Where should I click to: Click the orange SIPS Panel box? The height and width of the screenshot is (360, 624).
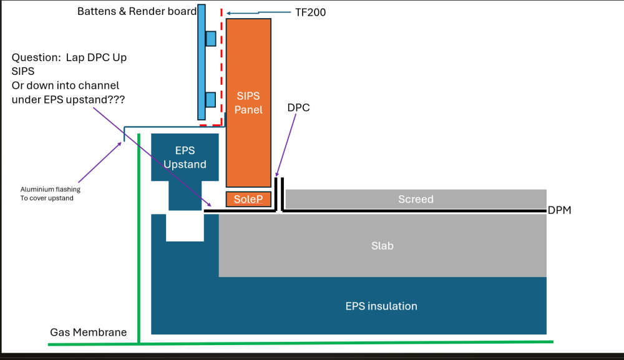tap(248, 102)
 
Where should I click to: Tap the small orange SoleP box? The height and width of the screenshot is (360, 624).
tap(248, 199)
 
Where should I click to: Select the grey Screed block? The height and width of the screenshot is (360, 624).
tap(416, 199)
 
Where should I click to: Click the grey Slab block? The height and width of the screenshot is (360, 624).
tap(383, 245)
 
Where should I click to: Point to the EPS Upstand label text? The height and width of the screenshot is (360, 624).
tap(185, 157)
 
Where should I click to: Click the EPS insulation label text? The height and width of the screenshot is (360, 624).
tap(381, 306)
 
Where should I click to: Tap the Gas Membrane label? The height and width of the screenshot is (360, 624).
tap(89, 332)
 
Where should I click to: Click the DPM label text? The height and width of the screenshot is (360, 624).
tap(559, 210)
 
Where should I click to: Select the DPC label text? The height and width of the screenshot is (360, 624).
tap(298, 108)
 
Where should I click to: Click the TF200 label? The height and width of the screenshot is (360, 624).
tap(310, 12)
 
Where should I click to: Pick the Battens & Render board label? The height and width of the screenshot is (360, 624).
tap(137, 11)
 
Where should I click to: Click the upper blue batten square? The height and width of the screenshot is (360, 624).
tap(211, 39)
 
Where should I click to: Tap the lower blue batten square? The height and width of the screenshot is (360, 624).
tap(211, 100)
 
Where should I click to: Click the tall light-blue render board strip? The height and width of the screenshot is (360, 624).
tap(202, 62)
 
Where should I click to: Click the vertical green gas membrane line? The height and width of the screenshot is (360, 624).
tap(139, 238)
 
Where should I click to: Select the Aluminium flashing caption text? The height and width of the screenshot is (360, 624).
tap(51, 193)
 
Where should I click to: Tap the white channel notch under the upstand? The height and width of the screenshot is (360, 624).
tap(185, 228)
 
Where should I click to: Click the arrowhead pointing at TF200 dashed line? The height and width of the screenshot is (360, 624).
tap(229, 13)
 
